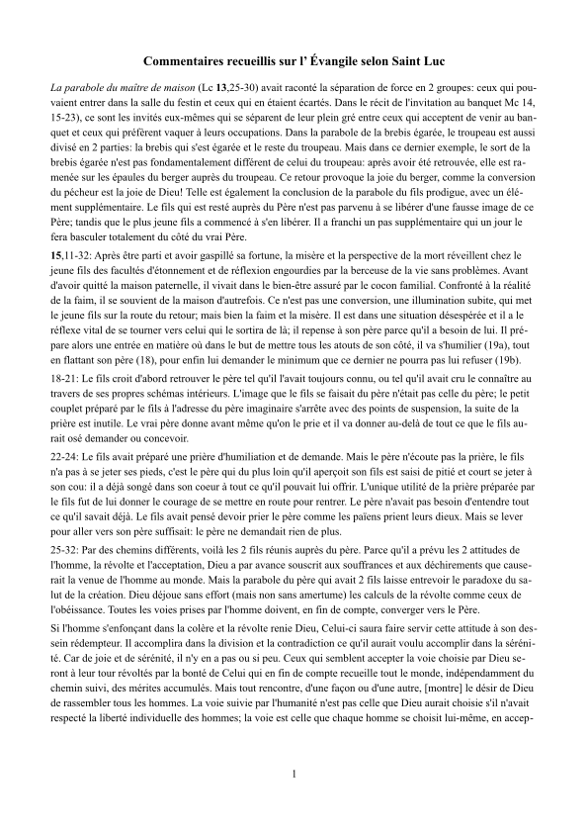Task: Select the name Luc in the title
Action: [432, 61]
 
